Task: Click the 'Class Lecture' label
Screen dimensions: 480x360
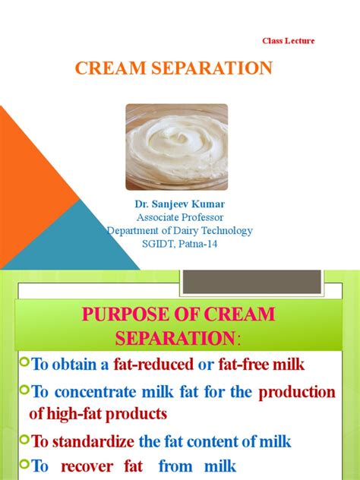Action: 288,40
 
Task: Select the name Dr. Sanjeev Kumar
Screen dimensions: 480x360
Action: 178,205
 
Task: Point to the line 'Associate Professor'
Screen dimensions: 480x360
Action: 178,218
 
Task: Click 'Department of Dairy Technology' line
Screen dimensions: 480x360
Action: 179,231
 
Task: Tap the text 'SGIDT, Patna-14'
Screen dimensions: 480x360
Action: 179,244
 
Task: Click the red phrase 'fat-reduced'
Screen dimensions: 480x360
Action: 154,365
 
